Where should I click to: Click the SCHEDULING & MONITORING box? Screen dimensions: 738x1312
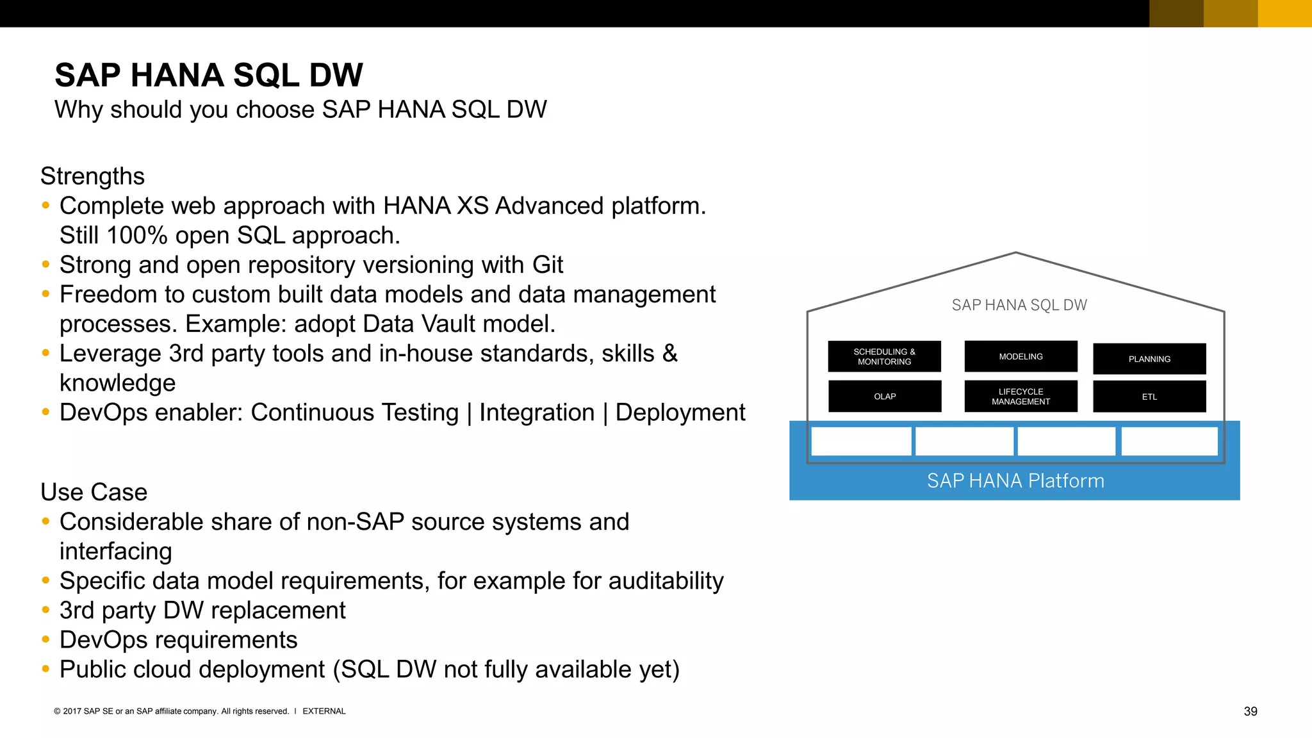point(884,357)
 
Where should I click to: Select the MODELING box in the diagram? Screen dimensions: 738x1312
point(1021,357)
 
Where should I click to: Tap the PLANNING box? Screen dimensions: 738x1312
point(1149,359)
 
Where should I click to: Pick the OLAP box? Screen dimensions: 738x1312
point(885,397)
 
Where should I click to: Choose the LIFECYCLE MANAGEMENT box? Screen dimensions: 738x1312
point(1021,397)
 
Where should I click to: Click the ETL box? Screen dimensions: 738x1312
point(1149,397)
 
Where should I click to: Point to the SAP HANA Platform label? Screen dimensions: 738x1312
point(1015,481)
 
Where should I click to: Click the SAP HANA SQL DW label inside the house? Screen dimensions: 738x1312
point(1019,306)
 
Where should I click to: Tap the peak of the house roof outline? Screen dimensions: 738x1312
point(1015,253)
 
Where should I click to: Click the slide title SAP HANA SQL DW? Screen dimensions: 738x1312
point(209,76)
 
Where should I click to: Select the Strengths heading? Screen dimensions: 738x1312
point(93,176)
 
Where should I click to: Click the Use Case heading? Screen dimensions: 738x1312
point(94,492)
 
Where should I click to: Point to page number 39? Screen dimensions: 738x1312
point(1250,711)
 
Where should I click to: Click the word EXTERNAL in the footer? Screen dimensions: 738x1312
point(324,711)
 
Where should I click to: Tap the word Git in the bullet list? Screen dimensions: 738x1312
point(547,265)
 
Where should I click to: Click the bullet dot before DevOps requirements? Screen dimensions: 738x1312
point(45,639)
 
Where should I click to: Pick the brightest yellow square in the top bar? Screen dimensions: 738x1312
point(1284,13)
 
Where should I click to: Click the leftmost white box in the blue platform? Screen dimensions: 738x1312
point(861,441)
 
